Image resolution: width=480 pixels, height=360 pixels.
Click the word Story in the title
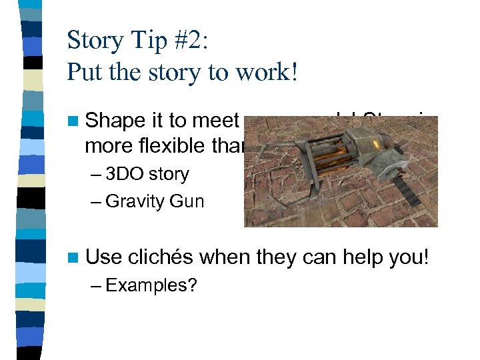[94, 41]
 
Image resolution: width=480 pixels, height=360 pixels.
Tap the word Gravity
[134, 201]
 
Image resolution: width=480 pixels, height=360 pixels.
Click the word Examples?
[151, 285]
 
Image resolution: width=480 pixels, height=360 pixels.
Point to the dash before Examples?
[96, 286]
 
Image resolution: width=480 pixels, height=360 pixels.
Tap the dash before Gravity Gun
[96, 201]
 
